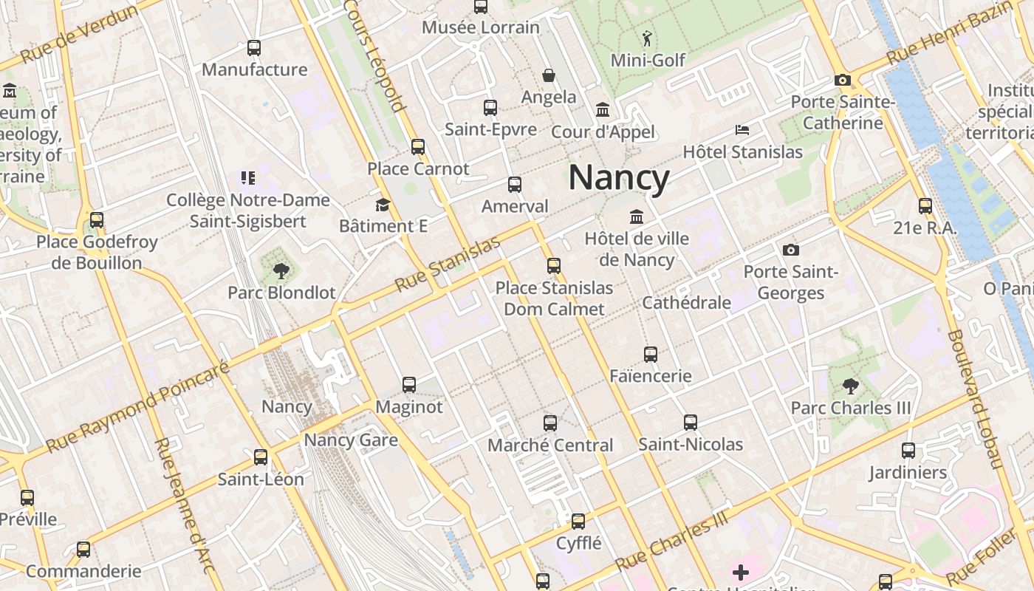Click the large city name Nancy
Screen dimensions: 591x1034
click(619, 178)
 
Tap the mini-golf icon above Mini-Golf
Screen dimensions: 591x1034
click(648, 38)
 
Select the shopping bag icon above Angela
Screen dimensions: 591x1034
click(549, 75)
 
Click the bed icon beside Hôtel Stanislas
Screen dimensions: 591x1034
click(742, 130)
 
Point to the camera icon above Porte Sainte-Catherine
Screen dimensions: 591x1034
click(842, 80)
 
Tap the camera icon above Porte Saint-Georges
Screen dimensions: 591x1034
click(790, 250)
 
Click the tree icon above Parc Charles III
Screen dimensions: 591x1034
click(850, 386)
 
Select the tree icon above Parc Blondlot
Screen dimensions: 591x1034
click(281, 271)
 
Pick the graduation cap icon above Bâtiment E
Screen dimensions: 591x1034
click(383, 205)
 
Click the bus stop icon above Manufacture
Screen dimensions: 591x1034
click(254, 48)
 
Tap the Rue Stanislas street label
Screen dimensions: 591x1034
click(448, 264)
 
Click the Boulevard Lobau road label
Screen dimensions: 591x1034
click(974, 400)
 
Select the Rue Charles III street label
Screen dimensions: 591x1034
click(671, 541)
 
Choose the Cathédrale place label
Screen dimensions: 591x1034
click(686, 302)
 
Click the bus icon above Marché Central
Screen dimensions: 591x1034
click(550, 423)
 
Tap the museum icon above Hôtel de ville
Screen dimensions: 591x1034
click(636, 216)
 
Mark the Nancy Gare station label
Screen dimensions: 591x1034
click(351, 440)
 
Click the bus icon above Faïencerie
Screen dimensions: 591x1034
click(650, 355)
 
